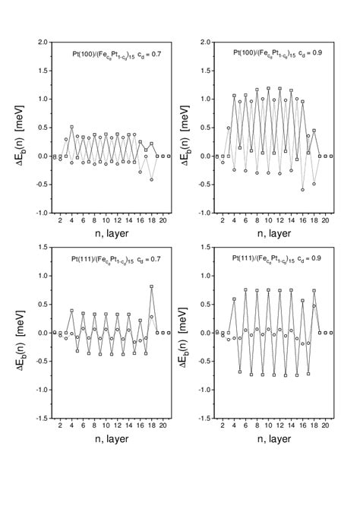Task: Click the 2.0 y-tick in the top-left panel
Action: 37,43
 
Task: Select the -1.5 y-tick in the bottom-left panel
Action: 37,419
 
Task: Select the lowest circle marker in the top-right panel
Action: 303,189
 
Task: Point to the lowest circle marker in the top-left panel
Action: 152,179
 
